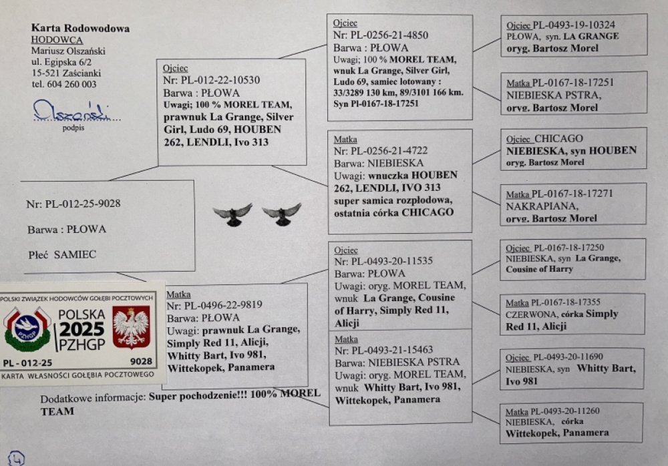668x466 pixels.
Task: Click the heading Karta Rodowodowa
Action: [x=80, y=29]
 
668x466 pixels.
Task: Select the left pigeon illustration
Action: [x=232, y=214]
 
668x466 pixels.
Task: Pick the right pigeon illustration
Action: [x=281, y=214]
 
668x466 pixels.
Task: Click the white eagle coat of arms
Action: [x=130, y=327]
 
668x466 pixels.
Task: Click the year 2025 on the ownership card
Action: [x=81, y=328]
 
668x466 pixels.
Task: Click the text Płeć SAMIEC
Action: [x=62, y=255]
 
